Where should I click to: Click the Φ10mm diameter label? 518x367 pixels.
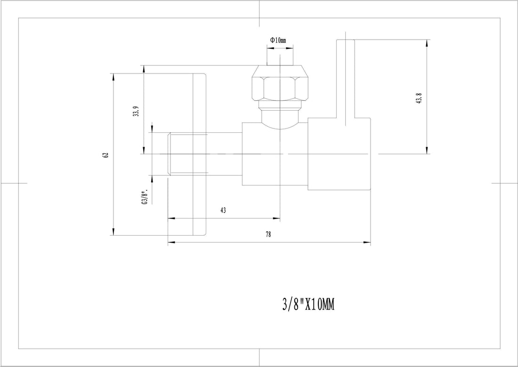click(278, 41)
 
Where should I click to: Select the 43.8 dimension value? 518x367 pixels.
click(419, 100)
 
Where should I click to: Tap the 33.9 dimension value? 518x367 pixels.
click(135, 113)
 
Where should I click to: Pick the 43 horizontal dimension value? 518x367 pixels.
click(223, 211)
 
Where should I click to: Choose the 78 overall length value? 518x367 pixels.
click(268, 235)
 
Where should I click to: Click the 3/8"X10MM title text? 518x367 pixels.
click(308, 305)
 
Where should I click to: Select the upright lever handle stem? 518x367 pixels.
click(345, 80)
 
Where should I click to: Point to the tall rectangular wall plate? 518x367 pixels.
click(200, 154)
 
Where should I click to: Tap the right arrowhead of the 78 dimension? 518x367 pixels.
click(368, 243)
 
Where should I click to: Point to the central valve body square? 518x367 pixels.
click(275, 154)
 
